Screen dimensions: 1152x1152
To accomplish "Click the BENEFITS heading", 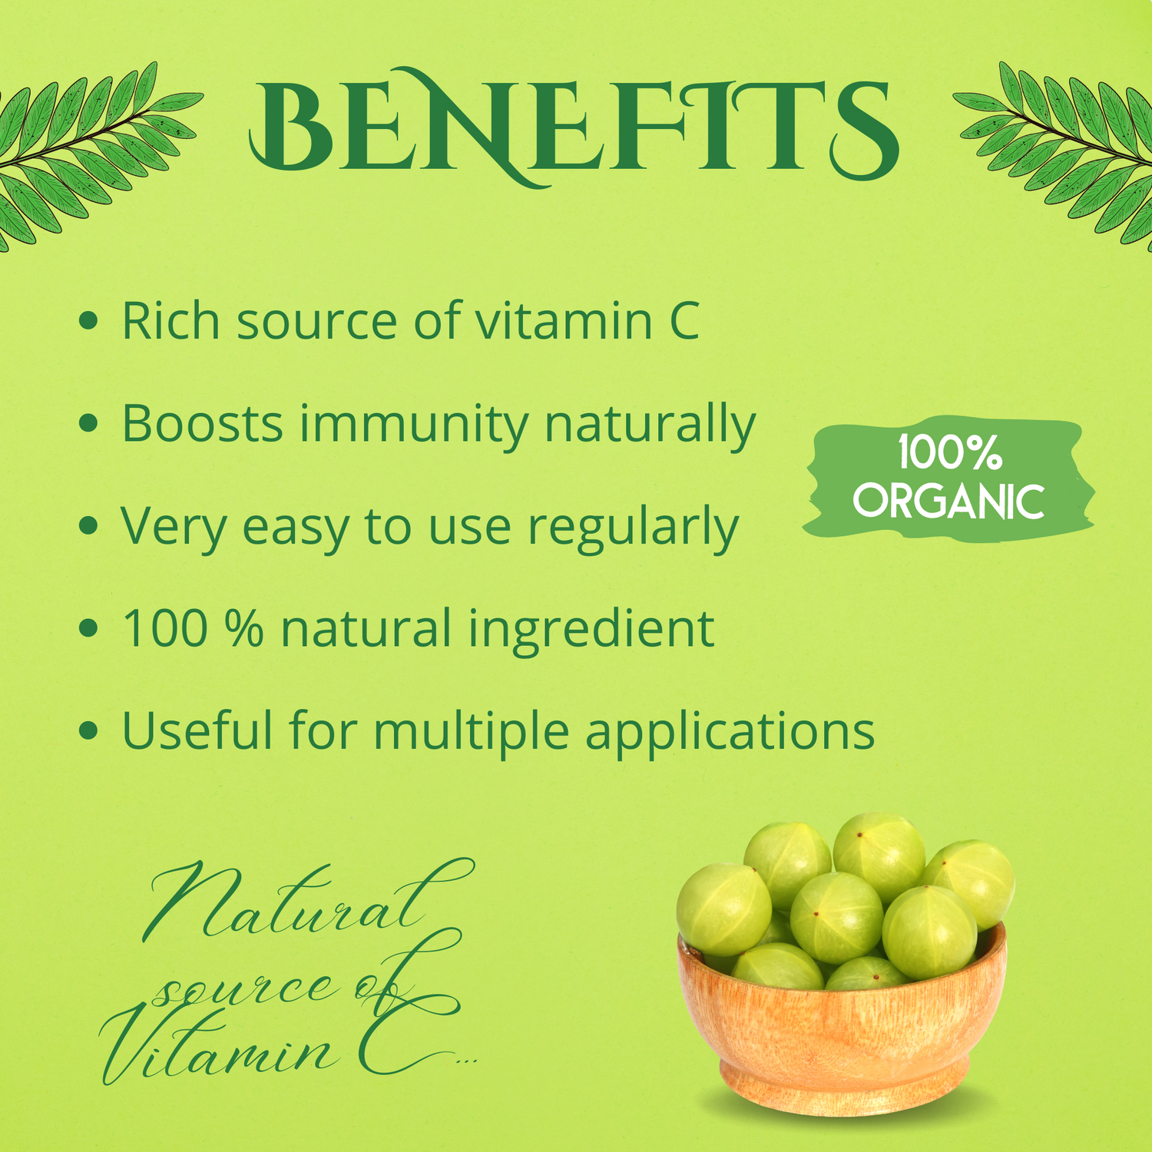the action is click(574, 127).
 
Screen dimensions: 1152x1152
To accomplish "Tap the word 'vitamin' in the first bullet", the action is click(564, 320).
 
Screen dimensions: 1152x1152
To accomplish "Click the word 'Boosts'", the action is click(203, 423).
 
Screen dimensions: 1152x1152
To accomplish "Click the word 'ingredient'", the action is click(591, 630).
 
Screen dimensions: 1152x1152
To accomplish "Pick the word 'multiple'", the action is click(471, 732).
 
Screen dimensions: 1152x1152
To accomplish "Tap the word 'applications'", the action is click(730, 732).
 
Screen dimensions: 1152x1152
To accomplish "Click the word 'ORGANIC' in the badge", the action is click(948, 502).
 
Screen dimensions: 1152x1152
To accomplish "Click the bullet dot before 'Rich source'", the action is click(89, 321).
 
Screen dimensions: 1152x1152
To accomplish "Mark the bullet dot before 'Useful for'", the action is click(89, 730).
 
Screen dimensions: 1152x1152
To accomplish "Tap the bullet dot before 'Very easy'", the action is click(89, 526).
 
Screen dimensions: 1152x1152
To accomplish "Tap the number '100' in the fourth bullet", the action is click(165, 629).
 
